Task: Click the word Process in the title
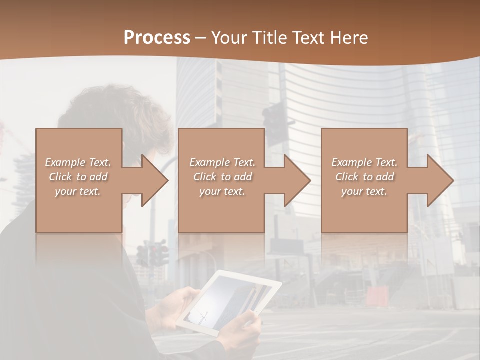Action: (157, 37)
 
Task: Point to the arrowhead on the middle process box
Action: (297, 180)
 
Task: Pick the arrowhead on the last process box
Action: (440, 180)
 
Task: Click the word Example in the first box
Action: (65, 162)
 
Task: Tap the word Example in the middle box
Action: (209, 162)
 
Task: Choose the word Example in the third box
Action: (351, 162)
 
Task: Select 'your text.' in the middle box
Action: (222, 191)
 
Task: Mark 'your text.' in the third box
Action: (364, 191)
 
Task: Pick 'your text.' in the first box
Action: (77, 191)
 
